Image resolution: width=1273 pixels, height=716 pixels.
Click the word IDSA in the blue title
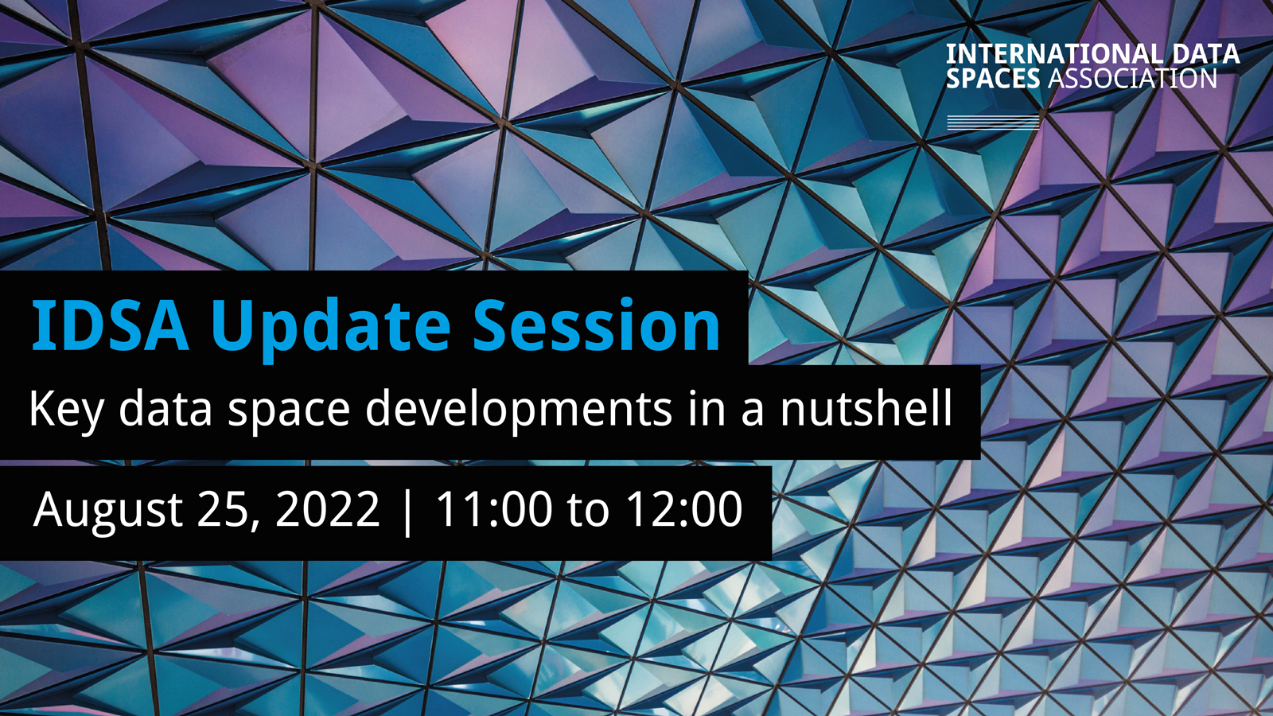click(111, 325)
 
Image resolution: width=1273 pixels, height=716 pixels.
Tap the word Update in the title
click(331, 329)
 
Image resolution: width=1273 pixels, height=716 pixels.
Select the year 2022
click(327, 508)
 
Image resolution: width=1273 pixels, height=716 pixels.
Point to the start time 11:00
click(493, 508)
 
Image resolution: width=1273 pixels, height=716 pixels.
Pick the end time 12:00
click(684, 508)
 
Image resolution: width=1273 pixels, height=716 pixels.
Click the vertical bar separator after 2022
click(407, 511)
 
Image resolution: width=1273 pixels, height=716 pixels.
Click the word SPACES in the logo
click(993, 79)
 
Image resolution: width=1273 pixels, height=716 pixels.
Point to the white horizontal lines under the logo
click(993, 123)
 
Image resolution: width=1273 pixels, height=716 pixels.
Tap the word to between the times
click(588, 510)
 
